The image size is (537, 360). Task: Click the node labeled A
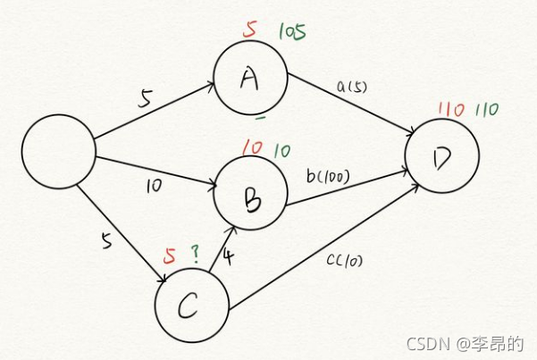(250, 80)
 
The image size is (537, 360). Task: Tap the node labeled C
(191, 306)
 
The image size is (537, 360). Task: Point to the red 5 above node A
(250, 29)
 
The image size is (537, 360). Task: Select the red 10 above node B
(252, 147)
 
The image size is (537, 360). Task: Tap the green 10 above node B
(281, 149)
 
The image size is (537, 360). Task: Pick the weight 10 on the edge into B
(155, 186)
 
